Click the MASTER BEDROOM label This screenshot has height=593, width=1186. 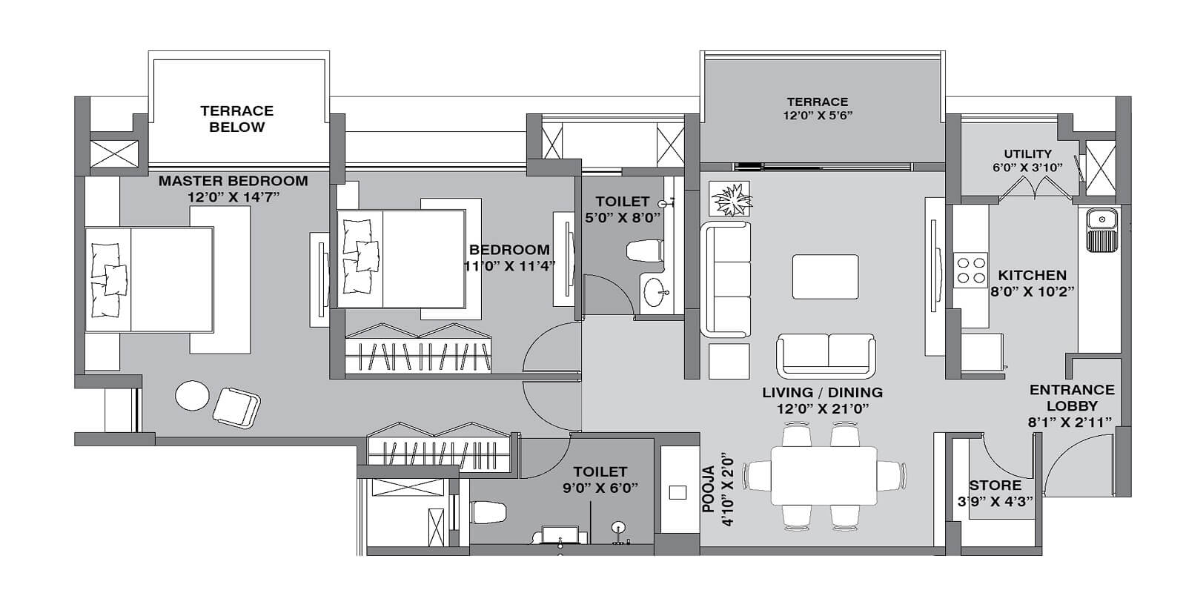click(x=233, y=181)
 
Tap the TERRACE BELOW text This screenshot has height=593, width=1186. click(x=237, y=119)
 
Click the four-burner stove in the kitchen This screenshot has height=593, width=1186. click(x=970, y=270)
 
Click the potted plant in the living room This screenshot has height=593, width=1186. click(x=729, y=199)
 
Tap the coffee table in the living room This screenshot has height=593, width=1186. click(x=826, y=276)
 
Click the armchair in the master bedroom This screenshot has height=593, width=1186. click(x=236, y=407)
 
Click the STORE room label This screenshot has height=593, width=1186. click(x=995, y=486)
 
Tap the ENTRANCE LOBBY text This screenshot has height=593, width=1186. click(x=1071, y=398)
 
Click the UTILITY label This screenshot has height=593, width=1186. click(x=1027, y=154)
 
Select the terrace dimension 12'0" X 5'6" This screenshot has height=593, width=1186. click(x=818, y=116)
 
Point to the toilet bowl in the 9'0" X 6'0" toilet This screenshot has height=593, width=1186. click(x=489, y=511)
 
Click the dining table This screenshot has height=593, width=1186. click(x=824, y=475)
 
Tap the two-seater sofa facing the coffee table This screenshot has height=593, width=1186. click(x=826, y=354)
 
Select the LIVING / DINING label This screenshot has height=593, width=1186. click(x=822, y=393)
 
